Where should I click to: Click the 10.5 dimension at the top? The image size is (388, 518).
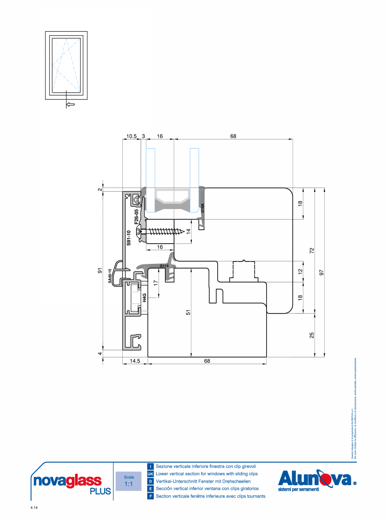[x=132, y=136]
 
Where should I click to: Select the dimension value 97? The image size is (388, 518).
[x=322, y=273]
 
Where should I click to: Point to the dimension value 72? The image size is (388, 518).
[x=312, y=250]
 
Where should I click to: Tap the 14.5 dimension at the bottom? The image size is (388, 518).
[x=135, y=361]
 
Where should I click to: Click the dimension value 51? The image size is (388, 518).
[x=189, y=312]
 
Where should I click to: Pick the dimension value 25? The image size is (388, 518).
[x=312, y=335]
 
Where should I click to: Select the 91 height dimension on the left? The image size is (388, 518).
[x=100, y=271]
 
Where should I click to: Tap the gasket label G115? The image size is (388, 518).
[x=164, y=266]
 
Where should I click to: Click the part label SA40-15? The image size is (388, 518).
[x=110, y=275]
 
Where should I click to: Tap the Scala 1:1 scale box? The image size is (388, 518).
[x=129, y=481]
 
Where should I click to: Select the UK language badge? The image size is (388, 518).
[x=150, y=474]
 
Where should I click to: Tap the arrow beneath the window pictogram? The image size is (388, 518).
[x=71, y=104]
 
